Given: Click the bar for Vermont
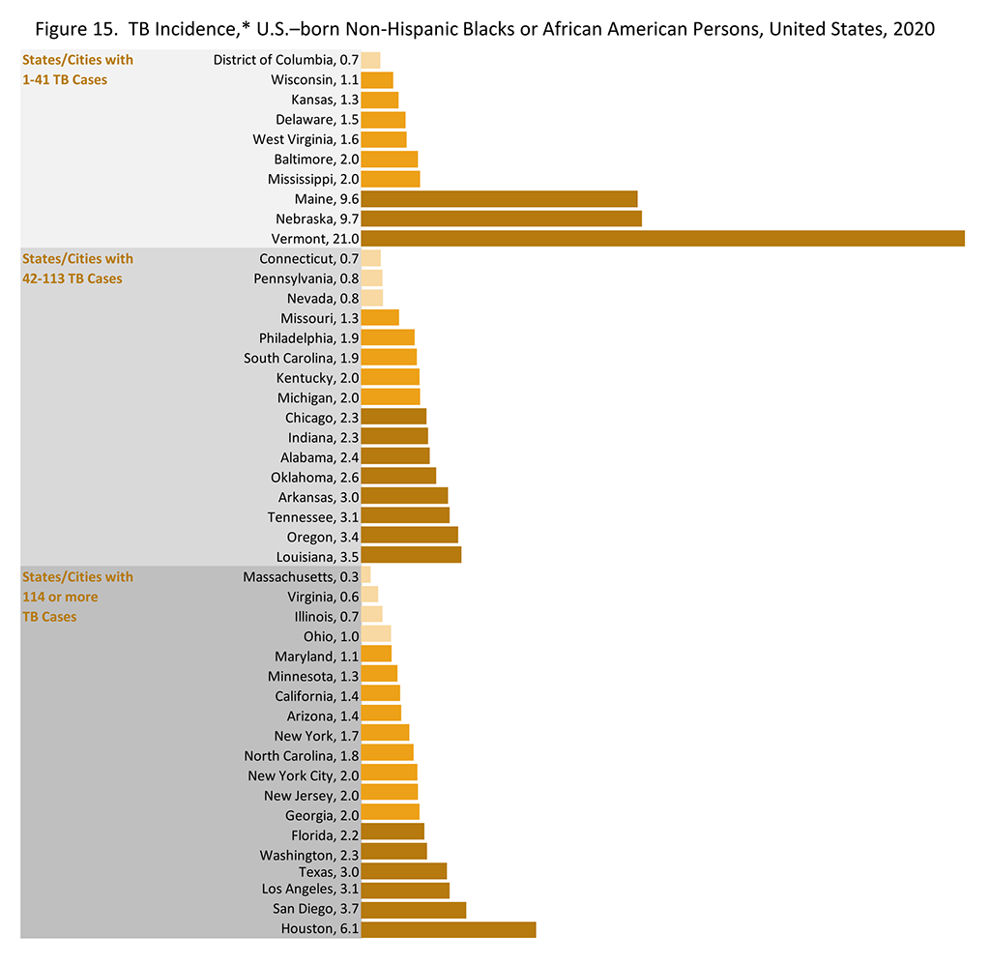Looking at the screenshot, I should (662, 239).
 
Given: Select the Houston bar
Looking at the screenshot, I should (448, 929).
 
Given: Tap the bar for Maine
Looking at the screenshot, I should (499, 199).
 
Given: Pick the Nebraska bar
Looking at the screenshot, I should (501, 219).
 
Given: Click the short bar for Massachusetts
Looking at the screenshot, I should (365, 576).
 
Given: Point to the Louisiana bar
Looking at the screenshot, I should (411, 555).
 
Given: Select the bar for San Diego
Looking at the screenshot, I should (413, 910).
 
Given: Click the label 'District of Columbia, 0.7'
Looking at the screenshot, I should (285, 60).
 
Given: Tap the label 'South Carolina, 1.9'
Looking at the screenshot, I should (301, 358).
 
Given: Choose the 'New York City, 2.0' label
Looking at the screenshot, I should (303, 775).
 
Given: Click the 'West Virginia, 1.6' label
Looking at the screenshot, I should (306, 139).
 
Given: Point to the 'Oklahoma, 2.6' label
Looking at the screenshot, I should (314, 477).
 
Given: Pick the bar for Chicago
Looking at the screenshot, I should (393, 418).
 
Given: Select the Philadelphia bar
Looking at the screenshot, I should (388, 338).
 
